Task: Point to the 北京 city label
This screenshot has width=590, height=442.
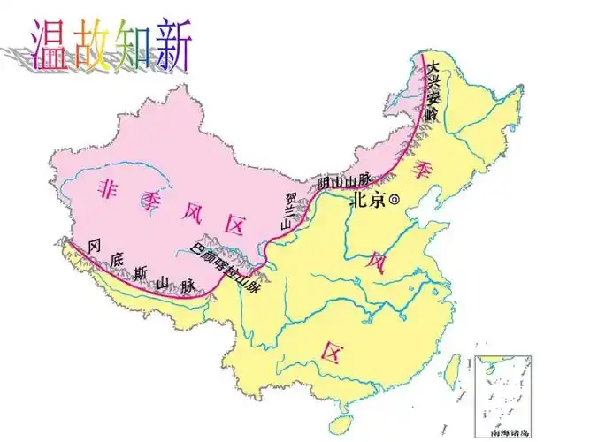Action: click(368, 201)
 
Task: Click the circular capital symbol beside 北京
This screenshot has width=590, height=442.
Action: click(395, 201)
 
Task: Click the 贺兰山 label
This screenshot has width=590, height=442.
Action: click(287, 210)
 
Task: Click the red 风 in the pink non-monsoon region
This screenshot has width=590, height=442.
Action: click(192, 212)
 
